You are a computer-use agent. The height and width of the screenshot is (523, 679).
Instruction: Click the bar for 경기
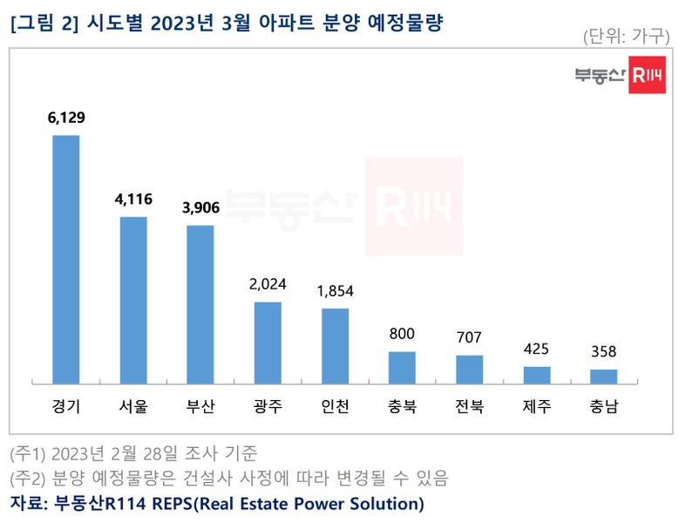(66, 259)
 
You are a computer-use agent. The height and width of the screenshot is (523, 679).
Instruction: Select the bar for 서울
(133, 299)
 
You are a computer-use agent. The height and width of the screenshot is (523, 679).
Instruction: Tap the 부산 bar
(200, 303)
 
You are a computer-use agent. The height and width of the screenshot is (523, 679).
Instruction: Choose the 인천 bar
(335, 345)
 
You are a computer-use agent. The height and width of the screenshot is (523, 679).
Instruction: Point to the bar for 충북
(402, 366)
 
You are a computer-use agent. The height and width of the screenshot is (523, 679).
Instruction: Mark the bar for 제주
(537, 374)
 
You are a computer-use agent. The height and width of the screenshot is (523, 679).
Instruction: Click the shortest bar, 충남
(604, 376)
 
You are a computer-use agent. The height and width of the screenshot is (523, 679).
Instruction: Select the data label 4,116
(133, 200)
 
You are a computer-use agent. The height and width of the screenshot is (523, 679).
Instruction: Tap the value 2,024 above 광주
(268, 284)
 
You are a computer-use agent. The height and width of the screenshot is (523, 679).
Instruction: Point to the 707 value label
(469, 337)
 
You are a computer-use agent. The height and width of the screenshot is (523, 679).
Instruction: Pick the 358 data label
(604, 351)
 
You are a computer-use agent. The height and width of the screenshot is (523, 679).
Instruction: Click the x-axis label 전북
(469, 406)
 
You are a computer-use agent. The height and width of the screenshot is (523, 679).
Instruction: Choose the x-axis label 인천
(335, 406)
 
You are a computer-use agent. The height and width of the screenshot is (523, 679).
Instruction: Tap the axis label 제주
(537, 406)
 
